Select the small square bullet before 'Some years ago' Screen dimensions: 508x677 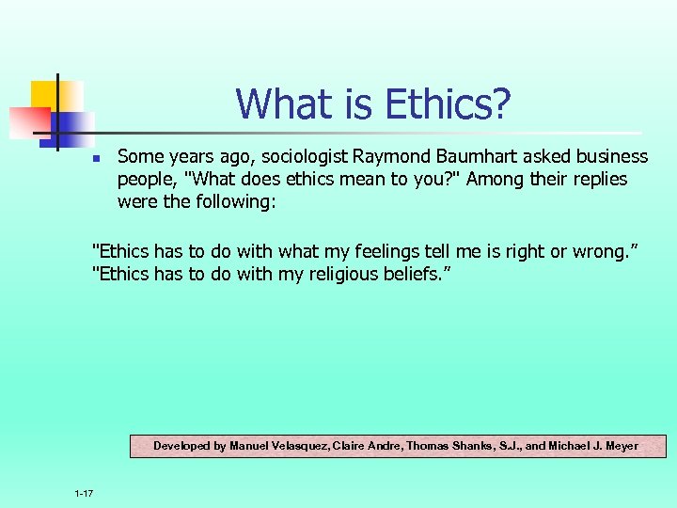click(96, 158)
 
